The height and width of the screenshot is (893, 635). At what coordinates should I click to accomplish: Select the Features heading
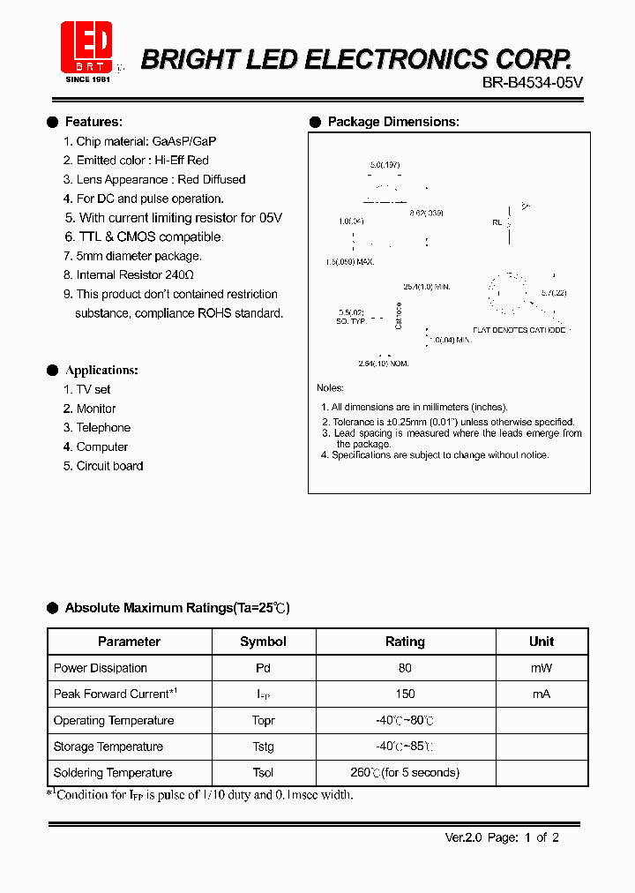coord(93,122)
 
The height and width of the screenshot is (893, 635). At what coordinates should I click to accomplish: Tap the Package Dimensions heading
coord(392,122)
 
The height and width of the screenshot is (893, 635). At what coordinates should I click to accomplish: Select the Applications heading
coord(101,371)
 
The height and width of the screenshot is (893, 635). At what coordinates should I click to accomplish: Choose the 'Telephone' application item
coord(103,428)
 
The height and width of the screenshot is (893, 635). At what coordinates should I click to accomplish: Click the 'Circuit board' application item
coord(109,466)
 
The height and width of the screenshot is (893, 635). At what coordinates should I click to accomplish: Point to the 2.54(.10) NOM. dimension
coord(383,364)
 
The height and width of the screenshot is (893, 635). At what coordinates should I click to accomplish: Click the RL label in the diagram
coord(497,223)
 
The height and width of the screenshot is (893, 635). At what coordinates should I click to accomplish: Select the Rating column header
coord(405,642)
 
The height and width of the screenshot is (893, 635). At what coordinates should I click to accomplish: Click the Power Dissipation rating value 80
coord(405,668)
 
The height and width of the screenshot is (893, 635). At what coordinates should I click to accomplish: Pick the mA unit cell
coord(541,694)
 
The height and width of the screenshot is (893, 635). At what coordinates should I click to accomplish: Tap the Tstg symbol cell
coord(263,747)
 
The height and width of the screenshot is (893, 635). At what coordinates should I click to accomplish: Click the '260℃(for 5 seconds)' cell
coord(405,773)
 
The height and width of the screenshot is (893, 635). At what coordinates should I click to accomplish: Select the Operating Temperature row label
coord(114,721)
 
